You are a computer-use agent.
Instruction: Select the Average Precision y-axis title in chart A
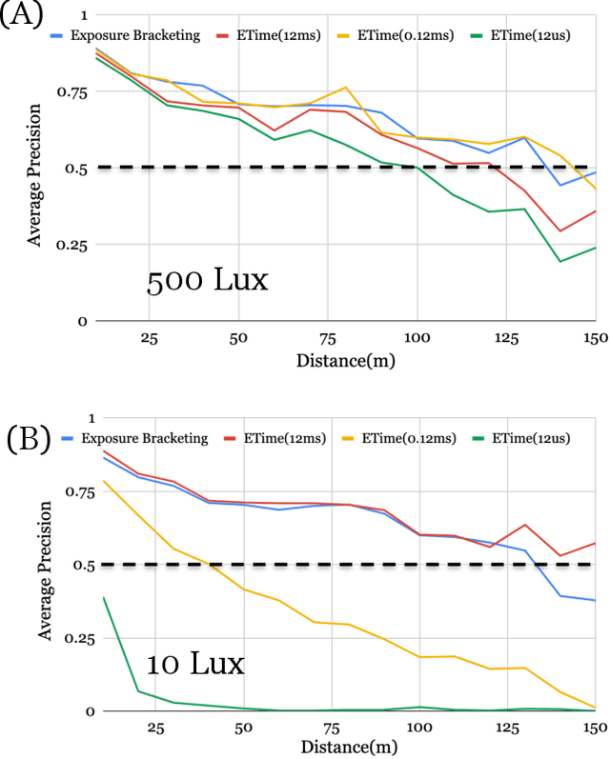tap(35, 170)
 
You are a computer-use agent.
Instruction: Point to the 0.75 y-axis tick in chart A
tap(71, 92)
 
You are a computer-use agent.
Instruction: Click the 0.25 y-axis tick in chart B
tap(71, 638)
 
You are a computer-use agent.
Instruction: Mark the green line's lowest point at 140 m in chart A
tap(559, 261)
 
